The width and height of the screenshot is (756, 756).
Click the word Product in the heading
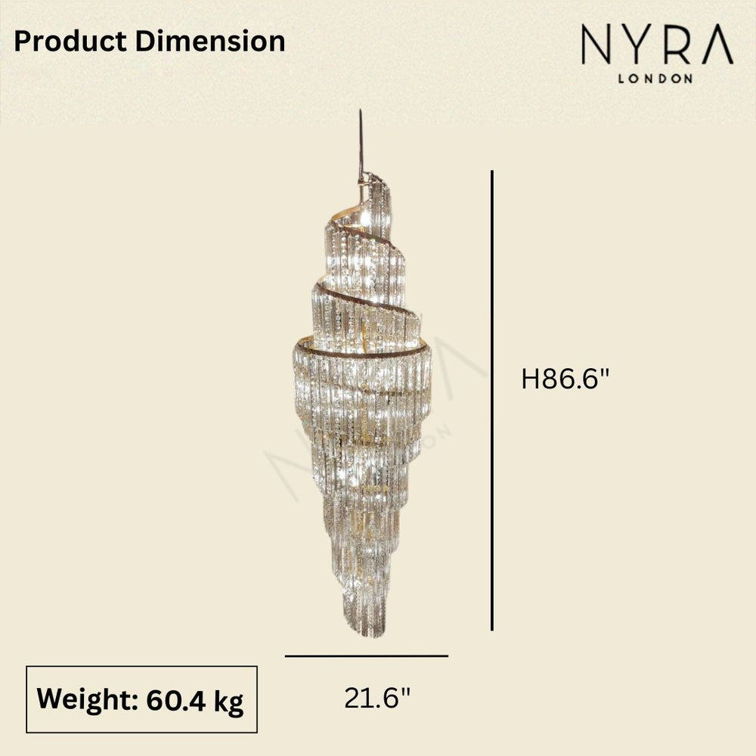[x=72, y=42]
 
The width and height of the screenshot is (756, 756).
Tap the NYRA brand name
[x=656, y=48]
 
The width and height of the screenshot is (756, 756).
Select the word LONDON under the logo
[x=656, y=78]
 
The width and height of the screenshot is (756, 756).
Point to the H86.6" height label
[x=565, y=379]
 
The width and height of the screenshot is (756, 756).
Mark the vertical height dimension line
[x=492, y=401]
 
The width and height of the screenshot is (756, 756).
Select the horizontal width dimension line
[x=367, y=656]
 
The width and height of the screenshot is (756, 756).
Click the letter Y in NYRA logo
[x=634, y=48]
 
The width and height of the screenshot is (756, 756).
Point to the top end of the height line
[x=492, y=172]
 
